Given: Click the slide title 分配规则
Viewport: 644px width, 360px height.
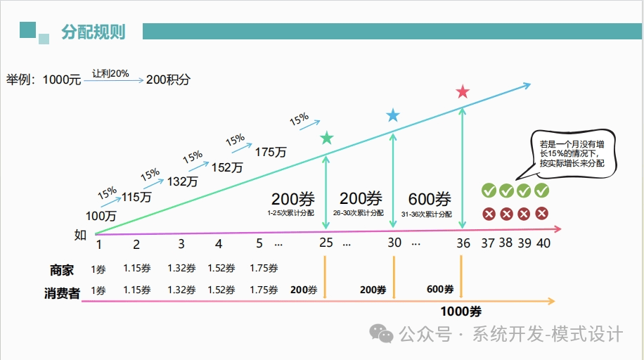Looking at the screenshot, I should pyautogui.click(x=93, y=32).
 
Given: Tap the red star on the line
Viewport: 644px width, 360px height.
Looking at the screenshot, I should pyautogui.click(x=463, y=92).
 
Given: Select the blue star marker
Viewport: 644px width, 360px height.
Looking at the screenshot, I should pyautogui.click(x=393, y=115).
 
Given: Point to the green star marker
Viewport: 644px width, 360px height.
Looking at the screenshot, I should pyautogui.click(x=326, y=139).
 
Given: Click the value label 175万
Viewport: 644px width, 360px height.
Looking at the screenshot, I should pyautogui.click(x=270, y=152).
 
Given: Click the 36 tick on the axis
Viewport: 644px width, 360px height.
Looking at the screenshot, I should pyautogui.click(x=463, y=244).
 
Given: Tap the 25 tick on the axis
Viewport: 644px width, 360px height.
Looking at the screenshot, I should pyautogui.click(x=326, y=244).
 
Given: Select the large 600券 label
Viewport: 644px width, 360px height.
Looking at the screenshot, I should pyautogui.click(x=430, y=199).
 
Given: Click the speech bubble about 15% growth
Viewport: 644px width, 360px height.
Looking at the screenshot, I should pyautogui.click(x=572, y=151).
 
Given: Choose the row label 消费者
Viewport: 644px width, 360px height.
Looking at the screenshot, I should pyautogui.click(x=62, y=293).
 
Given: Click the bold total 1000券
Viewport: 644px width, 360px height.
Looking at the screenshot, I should pyautogui.click(x=461, y=311).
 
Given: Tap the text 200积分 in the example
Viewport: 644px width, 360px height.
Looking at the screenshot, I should pyautogui.click(x=168, y=80).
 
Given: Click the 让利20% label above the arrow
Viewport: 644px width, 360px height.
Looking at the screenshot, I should pyautogui.click(x=110, y=72).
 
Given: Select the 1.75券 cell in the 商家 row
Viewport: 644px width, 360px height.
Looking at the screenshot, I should pyautogui.click(x=264, y=268).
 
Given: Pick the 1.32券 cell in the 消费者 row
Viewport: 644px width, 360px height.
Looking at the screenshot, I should pyautogui.click(x=181, y=290).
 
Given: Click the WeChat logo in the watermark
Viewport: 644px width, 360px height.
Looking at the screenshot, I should pyautogui.click(x=383, y=334).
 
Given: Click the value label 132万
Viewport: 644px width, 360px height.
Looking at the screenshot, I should pyautogui.click(x=183, y=181).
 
